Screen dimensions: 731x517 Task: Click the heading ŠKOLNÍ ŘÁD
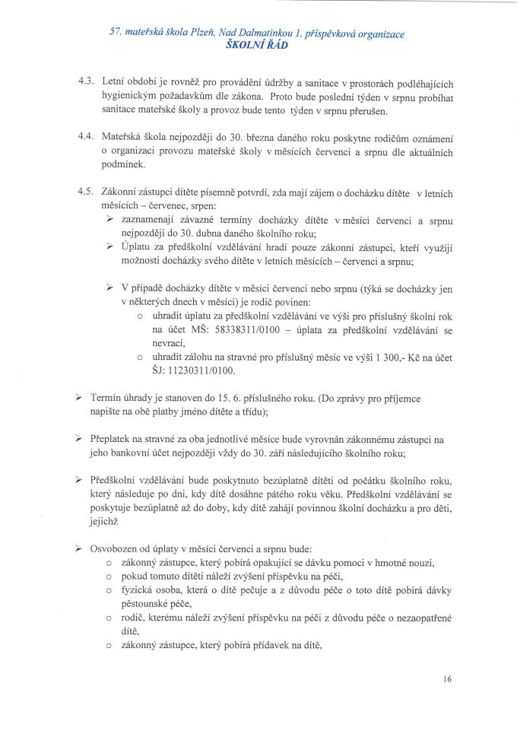coord(258,46)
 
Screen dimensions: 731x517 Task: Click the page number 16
coord(445,679)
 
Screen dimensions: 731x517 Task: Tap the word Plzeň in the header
coord(201,34)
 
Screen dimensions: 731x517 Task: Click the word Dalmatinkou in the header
coord(271,34)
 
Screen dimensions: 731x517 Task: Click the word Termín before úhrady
coord(106,398)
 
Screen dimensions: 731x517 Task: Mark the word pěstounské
coord(152,604)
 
